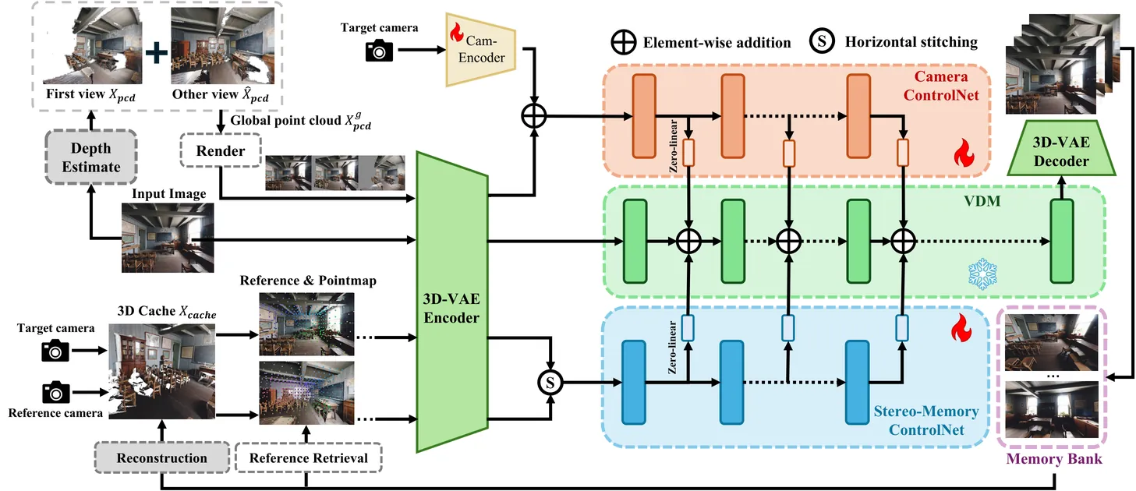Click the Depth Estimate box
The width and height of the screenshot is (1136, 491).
coord(91,157)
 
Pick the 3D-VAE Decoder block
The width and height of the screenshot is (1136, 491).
coord(1060,152)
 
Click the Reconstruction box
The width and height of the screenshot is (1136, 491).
coord(161,458)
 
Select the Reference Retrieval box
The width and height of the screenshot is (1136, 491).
coord(308,458)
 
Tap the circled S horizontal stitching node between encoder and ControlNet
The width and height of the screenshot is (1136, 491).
coord(550,383)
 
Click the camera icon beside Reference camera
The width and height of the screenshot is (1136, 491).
coord(55,391)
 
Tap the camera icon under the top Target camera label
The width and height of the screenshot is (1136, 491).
coord(380,51)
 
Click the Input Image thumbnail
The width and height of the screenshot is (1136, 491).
coord(156,238)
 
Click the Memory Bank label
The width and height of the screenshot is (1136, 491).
coord(1054,458)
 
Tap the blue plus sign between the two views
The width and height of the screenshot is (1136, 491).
coord(157,51)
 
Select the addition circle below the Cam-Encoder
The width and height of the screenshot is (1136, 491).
coord(534,116)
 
